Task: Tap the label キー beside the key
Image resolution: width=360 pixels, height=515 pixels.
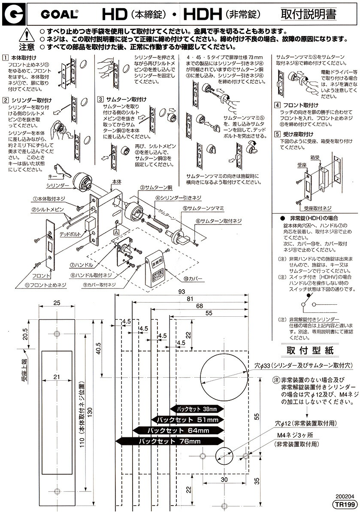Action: (54, 176)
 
